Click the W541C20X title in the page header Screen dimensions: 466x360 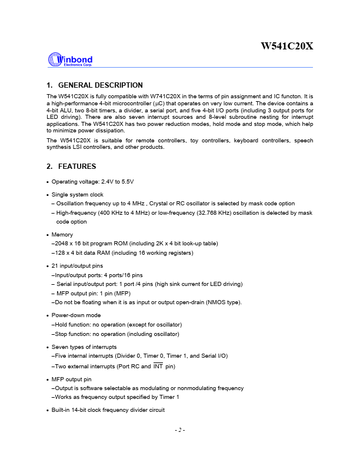coord(287,45)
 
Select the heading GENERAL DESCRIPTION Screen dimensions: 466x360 coord(101,85)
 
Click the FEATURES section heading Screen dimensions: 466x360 coord(77,167)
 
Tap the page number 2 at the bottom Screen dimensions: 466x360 coord(180,430)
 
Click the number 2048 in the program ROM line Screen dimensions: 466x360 coord(61,244)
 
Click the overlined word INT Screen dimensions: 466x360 coord(158,367)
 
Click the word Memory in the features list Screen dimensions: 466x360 coord(62,234)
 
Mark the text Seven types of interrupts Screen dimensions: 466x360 coord(84,347)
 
